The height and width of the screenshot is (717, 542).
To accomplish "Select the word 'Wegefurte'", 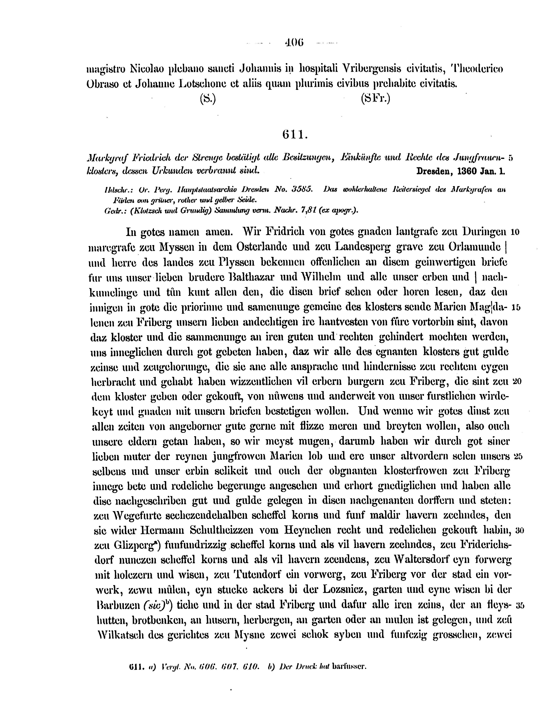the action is point(140,515).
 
